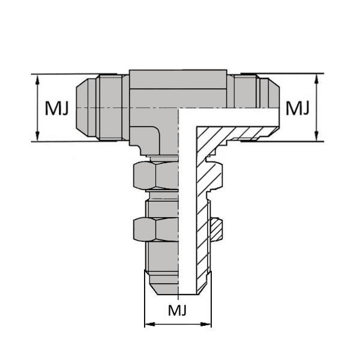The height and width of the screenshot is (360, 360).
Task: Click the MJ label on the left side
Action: click(57, 109)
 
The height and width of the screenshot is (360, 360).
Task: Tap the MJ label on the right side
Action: click(296, 109)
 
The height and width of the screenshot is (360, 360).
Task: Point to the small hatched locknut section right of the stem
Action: click(217, 229)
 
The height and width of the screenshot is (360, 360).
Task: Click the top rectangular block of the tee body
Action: click(178, 79)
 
